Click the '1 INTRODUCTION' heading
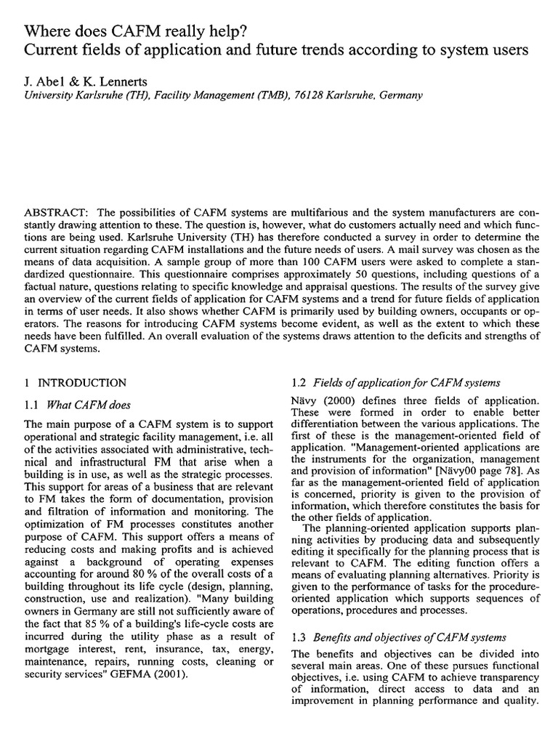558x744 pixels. (76, 383)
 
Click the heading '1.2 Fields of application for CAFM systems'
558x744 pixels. (395, 383)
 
